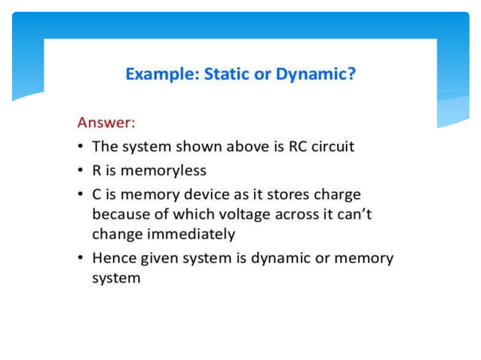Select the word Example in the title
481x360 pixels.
click(x=155, y=75)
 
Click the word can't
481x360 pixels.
click(x=355, y=214)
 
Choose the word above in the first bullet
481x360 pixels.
click(x=228, y=145)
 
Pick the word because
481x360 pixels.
click(x=118, y=214)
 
